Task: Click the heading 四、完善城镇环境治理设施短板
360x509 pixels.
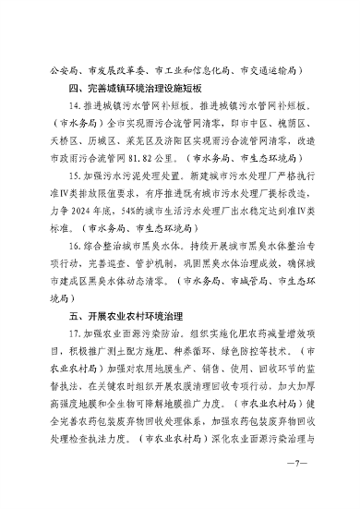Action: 131,88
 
